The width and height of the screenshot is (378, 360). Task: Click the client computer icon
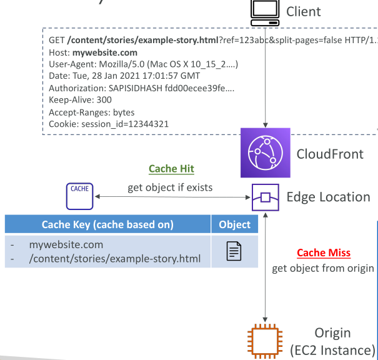265,12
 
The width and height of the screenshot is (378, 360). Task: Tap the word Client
304,11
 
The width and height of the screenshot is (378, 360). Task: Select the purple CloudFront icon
266,152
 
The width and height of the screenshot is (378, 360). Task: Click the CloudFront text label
330,154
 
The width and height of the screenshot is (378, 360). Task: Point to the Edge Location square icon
266,197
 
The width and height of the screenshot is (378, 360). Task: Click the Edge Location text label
329,197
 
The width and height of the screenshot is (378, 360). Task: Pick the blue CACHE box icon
79,196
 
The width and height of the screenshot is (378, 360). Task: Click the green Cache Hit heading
171,169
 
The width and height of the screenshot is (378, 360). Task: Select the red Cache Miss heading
324,252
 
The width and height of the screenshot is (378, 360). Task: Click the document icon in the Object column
234,251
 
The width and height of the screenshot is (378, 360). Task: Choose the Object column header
234,224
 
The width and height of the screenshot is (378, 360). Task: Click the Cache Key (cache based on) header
107,224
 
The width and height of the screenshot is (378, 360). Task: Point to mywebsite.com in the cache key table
66,245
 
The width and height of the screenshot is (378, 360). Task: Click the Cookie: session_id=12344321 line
109,124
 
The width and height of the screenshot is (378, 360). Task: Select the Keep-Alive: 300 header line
80,100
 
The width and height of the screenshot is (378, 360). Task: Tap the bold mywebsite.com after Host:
105,52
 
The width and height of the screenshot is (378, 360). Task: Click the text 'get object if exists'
170,187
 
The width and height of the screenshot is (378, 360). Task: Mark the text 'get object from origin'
323,268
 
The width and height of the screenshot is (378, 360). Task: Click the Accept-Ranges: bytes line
92,112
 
